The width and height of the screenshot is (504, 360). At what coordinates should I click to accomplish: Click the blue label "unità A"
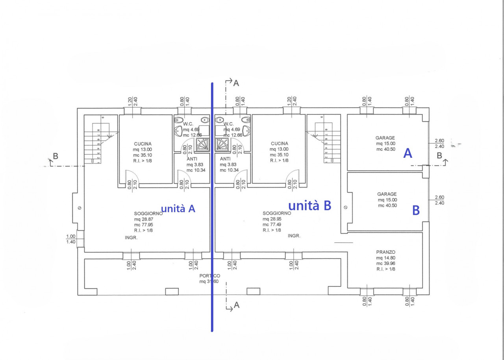(x=178, y=209)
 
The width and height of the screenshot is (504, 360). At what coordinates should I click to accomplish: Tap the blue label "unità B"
(x=310, y=205)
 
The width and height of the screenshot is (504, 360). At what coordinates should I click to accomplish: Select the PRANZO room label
(x=385, y=252)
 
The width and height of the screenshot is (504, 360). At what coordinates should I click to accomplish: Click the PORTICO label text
(x=209, y=276)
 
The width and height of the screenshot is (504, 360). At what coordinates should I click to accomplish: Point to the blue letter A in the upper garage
(x=408, y=153)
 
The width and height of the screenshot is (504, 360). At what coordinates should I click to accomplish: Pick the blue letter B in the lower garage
(x=415, y=210)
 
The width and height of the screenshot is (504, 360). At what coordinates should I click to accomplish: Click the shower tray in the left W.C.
(x=203, y=144)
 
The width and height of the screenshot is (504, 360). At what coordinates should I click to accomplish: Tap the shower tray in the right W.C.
(x=222, y=144)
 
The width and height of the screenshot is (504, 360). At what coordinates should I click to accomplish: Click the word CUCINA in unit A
(x=143, y=144)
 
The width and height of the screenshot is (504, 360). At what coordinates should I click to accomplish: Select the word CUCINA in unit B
(x=280, y=144)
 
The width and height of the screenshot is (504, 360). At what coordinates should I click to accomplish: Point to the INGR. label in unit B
(x=294, y=236)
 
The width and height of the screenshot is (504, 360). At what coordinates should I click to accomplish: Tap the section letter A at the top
(x=236, y=83)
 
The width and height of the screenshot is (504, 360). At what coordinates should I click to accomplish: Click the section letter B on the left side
(x=56, y=156)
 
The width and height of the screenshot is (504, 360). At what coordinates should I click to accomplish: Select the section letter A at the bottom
(x=236, y=305)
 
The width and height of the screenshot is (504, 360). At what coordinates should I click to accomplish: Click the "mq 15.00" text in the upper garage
(x=385, y=144)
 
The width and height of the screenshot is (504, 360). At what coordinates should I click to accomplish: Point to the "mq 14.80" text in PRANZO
(x=385, y=258)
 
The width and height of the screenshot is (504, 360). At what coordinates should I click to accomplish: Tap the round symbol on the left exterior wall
(x=79, y=208)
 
